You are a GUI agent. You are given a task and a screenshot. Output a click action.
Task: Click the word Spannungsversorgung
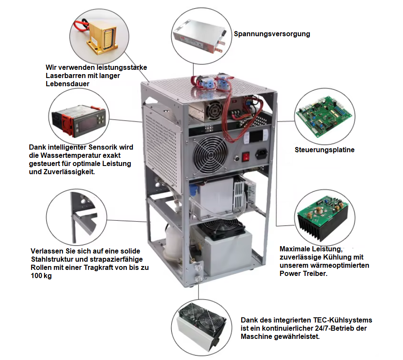[x=272, y=34]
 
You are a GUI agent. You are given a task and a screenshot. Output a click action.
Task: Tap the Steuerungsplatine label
[x=324, y=150]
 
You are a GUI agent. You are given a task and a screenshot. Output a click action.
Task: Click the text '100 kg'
[x=41, y=276]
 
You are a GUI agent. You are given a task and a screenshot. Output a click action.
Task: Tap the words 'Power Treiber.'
[x=302, y=273]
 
